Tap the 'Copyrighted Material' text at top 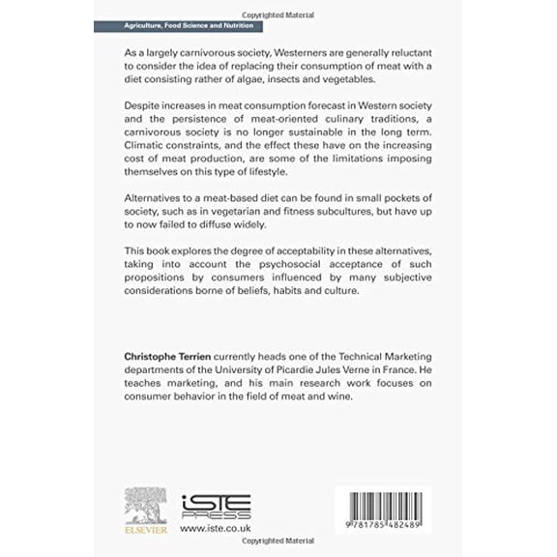pyautogui.click(x=278, y=8)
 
